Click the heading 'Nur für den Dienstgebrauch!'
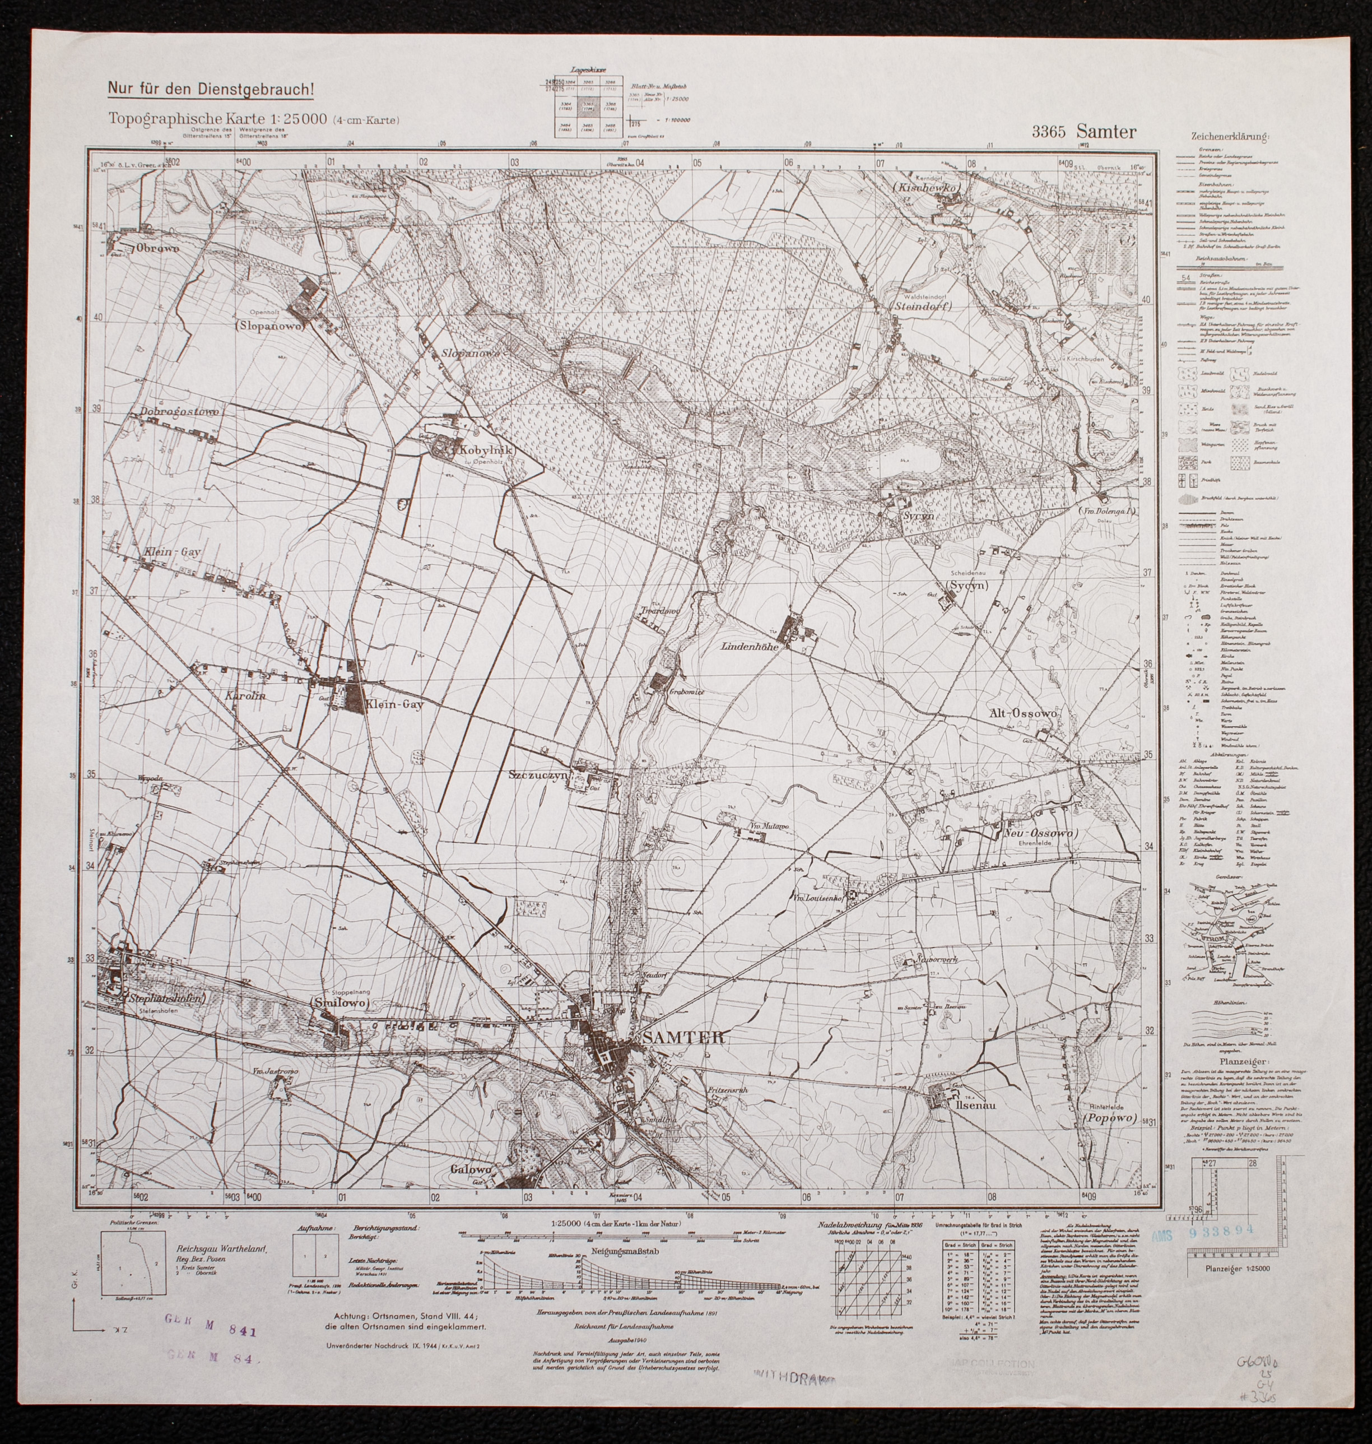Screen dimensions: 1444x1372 pyautogui.click(x=211, y=89)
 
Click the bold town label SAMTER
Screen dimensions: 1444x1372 pyautogui.click(x=684, y=1037)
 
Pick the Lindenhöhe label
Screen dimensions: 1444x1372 pyautogui.click(x=754, y=647)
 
